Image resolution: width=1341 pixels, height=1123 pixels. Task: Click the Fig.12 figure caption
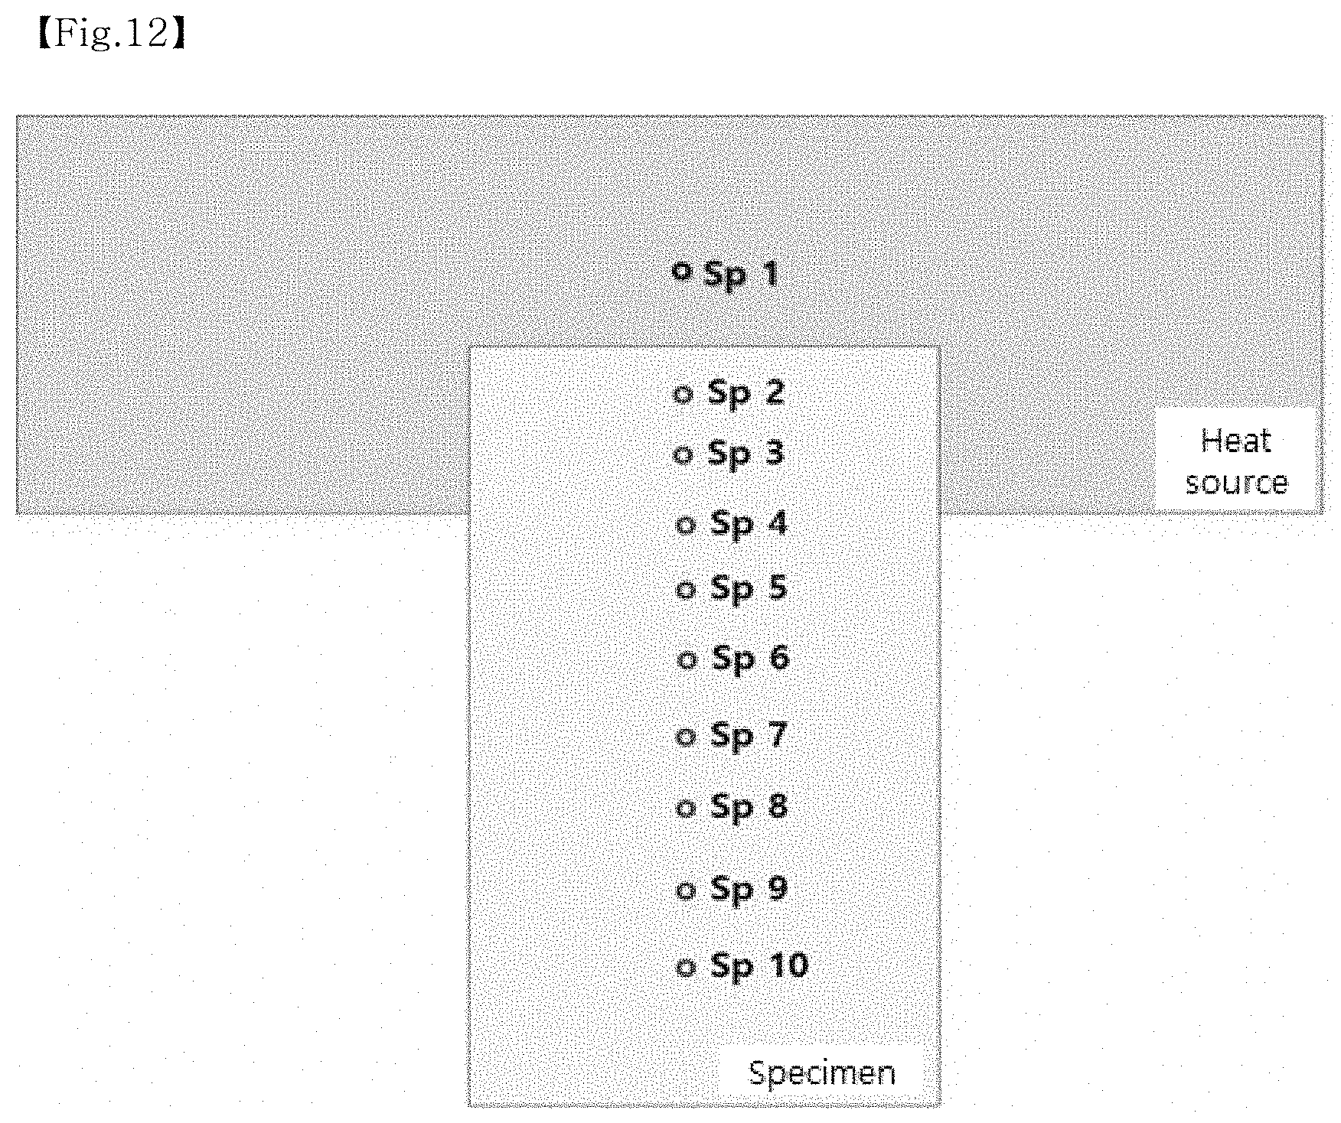click(x=111, y=34)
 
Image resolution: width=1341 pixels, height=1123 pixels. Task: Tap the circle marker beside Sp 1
click(x=681, y=271)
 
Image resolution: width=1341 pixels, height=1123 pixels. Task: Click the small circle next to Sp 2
click(x=683, y=394)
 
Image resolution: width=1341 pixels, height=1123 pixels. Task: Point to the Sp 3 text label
click(x=746, y=454)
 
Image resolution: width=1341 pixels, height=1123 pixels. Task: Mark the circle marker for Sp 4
click(x=686, y=525)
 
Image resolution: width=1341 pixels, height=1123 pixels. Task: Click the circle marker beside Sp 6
click(x=687, y=659)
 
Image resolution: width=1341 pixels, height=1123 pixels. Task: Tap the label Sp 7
click(x=749, y=736)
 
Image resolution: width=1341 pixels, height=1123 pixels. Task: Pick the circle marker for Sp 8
click(x=686, y=808)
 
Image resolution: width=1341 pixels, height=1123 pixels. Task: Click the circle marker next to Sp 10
click(x=686, y=967)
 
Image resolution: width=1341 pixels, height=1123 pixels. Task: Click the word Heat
click(x=1236, y=441)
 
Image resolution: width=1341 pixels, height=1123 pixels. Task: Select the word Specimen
click(x=822, y=1074)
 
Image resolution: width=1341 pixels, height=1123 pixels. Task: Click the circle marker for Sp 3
click(x=683, y=455)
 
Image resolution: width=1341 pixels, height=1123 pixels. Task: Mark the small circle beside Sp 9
click(x=686, y=890)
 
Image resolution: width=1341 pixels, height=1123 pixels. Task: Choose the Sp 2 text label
click(x=746, y=393)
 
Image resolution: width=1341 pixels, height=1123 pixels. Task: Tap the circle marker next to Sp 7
click(x=686, y=737)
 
